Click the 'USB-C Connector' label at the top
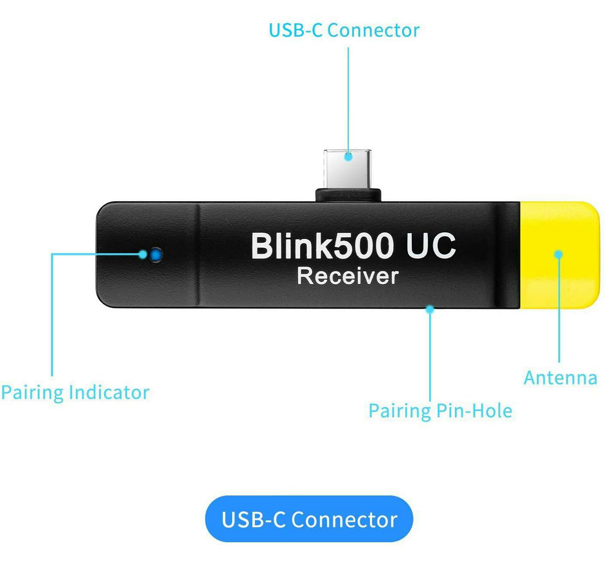[x=344, y=30]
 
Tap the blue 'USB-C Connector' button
[x=309, y=519]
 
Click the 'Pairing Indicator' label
[x=75, y=392]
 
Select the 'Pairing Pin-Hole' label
[x=440, y=411]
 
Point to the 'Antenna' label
[x=561, y=378]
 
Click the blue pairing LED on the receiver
[x=156, y=255]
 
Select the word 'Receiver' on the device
[x=348, y=276]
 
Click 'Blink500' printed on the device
[x=322, y=246]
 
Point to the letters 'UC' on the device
[x=431, y=246]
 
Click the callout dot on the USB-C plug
[x=348, y=157]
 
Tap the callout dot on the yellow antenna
[x=559, y=254]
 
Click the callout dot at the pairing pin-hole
[x=430, y=309]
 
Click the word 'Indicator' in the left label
[x=109, y=392]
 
